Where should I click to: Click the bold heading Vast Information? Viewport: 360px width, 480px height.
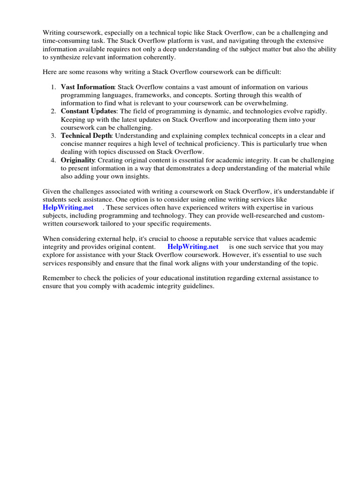point(88,87)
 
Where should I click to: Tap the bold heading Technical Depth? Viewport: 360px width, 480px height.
point(86,136)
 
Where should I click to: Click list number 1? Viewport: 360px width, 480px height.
point(53,87)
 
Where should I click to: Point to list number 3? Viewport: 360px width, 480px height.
point(53,136)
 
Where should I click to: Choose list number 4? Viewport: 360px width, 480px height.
point(53,160)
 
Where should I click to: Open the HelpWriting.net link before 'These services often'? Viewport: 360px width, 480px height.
point(68,207)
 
